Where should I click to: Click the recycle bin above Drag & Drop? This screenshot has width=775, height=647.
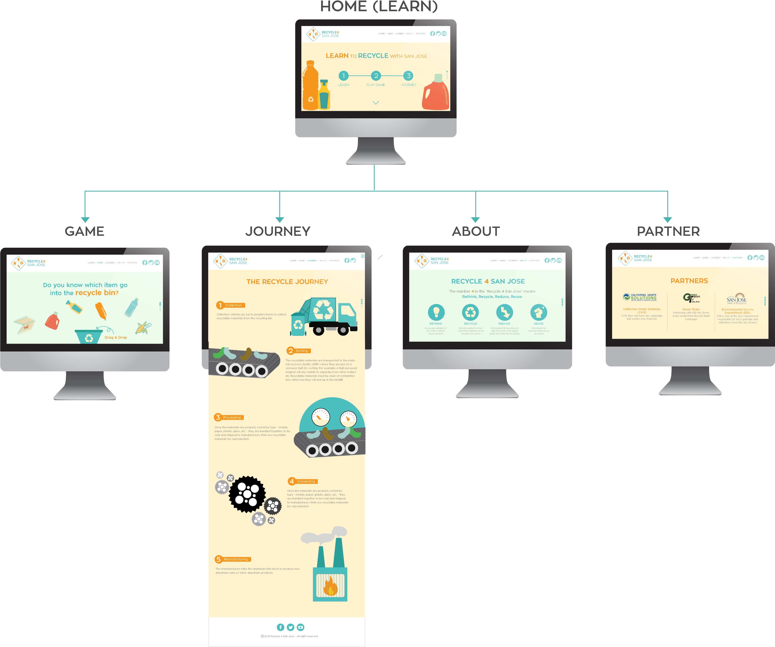tap(89, 336)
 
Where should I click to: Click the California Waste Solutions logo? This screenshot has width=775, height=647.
tap(640, 297)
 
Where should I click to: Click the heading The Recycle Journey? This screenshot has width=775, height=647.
tap(287, 282)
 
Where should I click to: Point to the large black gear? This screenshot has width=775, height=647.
tap(247, 494)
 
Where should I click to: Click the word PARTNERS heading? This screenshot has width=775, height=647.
tap(689, 281)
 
